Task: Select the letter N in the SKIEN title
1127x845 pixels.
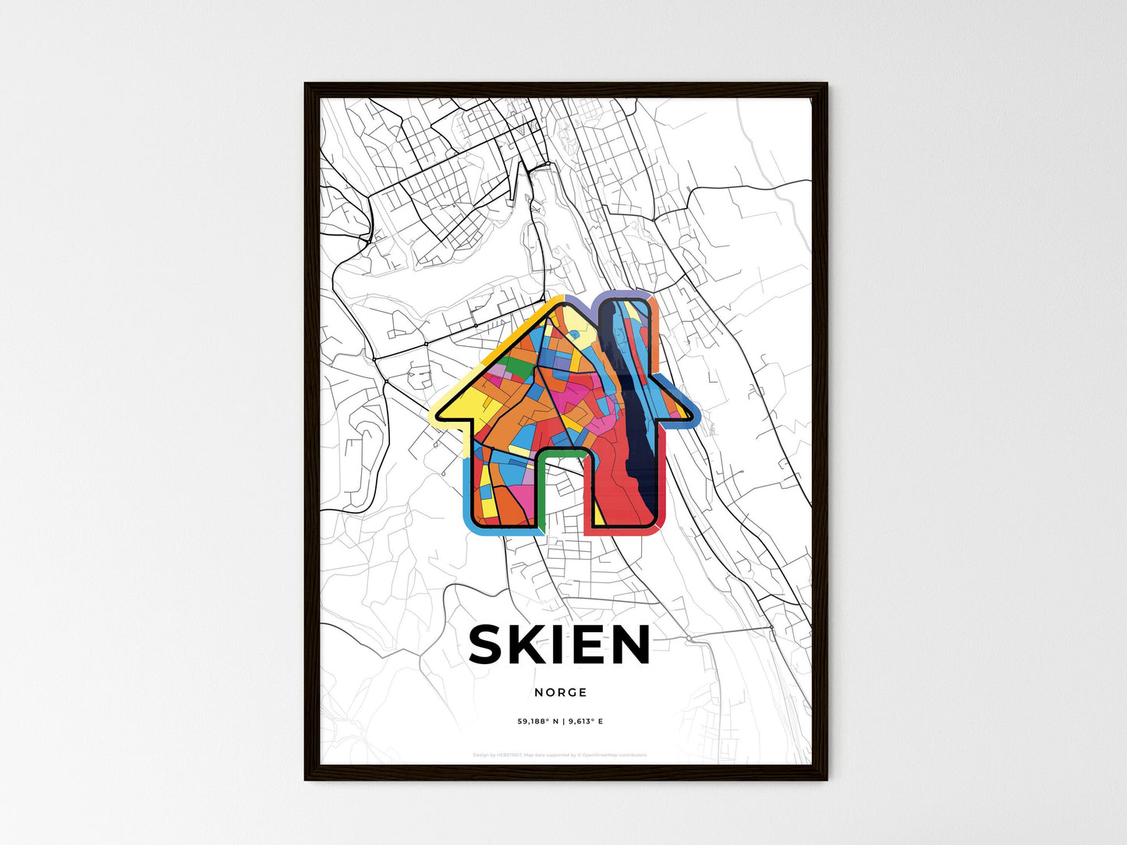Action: pos(629,645)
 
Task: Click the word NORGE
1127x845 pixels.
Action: pos(561,692)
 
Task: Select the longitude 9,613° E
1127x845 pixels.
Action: pos(585,721)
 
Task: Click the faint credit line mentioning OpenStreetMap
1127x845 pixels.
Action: pos(560,755)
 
